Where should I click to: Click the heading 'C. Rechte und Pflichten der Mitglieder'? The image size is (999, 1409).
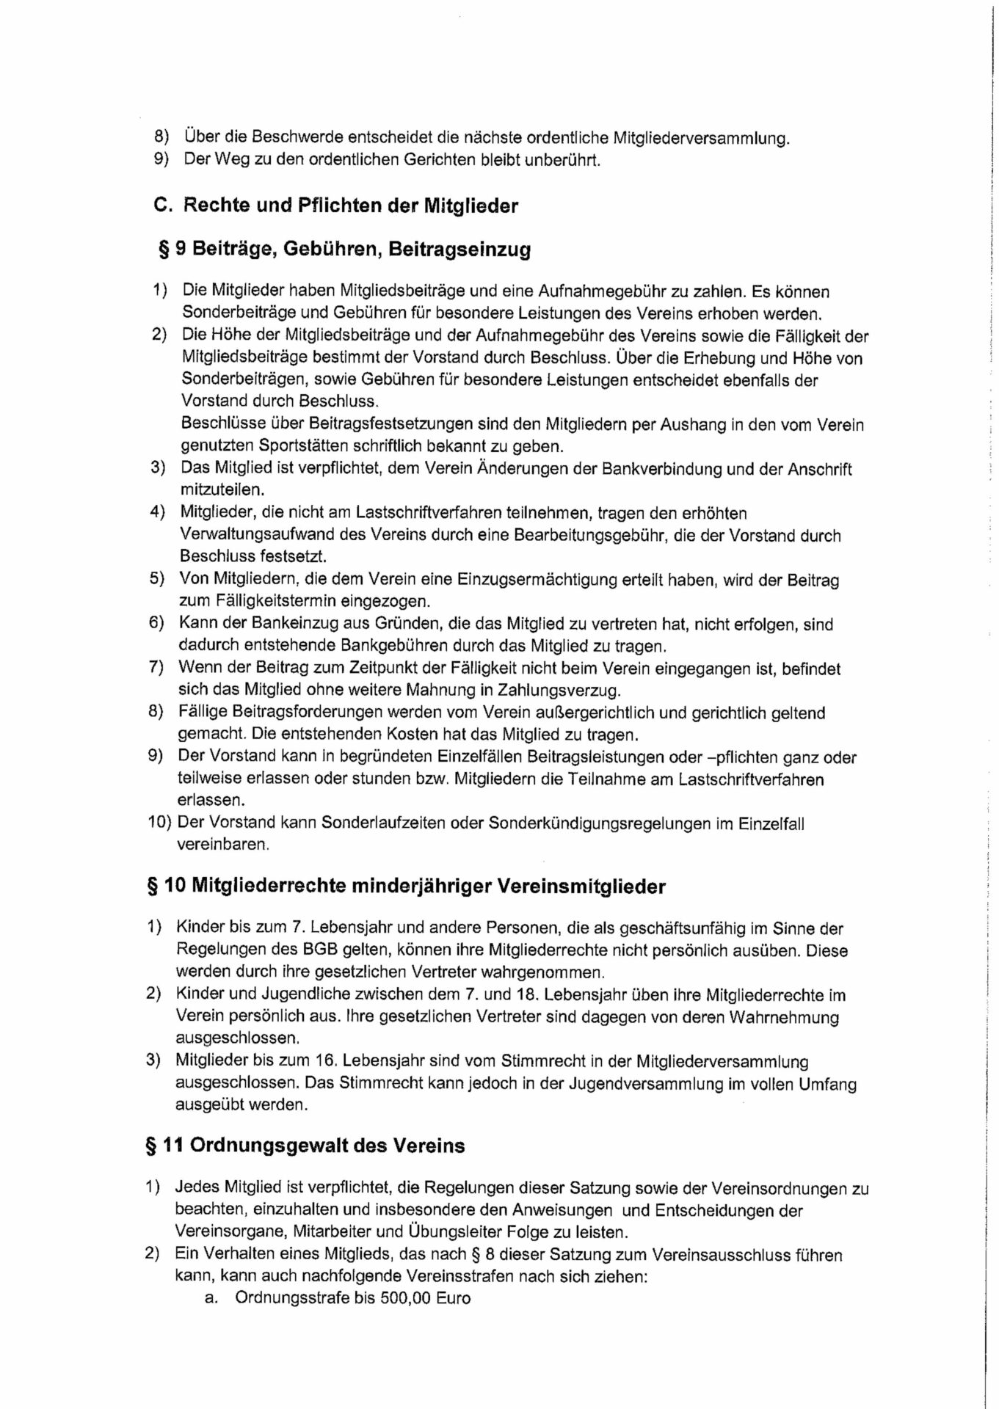point(336,205)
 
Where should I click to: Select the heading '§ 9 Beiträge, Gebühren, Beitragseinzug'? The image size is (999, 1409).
point(344,250)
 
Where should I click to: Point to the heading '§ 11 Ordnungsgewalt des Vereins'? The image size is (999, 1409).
point(305,1146)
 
